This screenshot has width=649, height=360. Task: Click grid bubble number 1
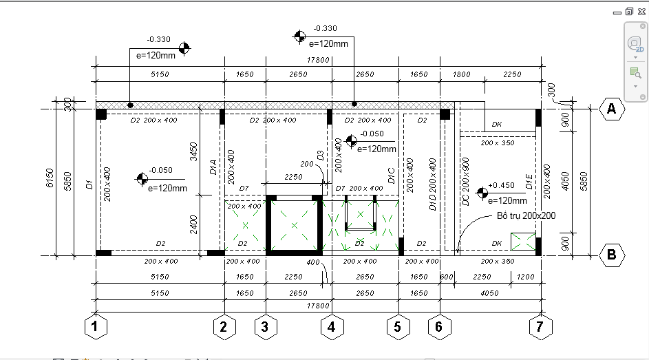pyautogui.click(x=96, y=326)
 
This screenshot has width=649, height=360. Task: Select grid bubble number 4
pyautogui.click(x=332, y=326)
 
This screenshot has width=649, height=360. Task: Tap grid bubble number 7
pyautogui.click(x=540, y=326)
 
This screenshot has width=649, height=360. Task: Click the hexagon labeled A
pyautogui.click(x=612, y=109)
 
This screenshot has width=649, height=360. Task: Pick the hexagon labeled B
pyautogui.click(x=612, y=255)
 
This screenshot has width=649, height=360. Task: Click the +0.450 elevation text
pyautogui.click(x=501, y=185)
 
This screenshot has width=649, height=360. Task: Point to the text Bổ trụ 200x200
pyautogui.click(x=526, y=215)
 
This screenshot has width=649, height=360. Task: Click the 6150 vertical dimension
pyautogui.click(x=50, y=178)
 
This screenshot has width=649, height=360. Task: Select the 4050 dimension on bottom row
pyautogui.click(x=489, y=293)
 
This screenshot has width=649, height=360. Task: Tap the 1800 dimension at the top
pyautogui.click(x=462, y=74)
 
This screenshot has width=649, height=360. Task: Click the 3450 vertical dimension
pyautogui.click(x=193, y=152)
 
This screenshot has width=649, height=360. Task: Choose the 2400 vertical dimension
pyautogui.click(x=193, y=224)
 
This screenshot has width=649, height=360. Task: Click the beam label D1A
pyautogui.click(x=213, y=167)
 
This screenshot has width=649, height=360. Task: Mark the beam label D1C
pyautogui.click(x=391, y=176)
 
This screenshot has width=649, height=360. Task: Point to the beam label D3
pyautogui.click(x=320, y=156)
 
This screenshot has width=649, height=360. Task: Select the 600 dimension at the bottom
pyautogui.click(x=447, y=277)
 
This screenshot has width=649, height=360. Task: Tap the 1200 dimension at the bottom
pyautogui.click(x=526, y=277)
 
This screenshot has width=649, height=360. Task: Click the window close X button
pyautogui.click(x=641, y=12)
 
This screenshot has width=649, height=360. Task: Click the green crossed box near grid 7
pyautogui.click(x=523, y=242)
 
